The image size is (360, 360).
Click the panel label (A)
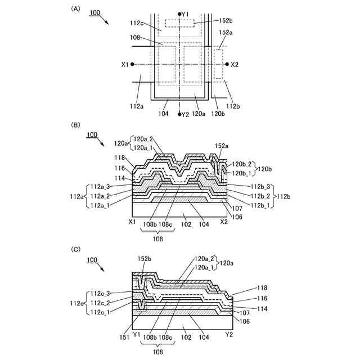point(74,9)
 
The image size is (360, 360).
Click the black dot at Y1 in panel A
point(179,13)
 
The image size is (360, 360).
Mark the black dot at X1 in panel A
point(133,64)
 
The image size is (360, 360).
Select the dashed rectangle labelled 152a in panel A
point(218,63)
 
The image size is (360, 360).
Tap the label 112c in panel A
point(137,23)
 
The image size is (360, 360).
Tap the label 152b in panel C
point(145,258)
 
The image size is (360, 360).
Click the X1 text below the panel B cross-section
point(133,222)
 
